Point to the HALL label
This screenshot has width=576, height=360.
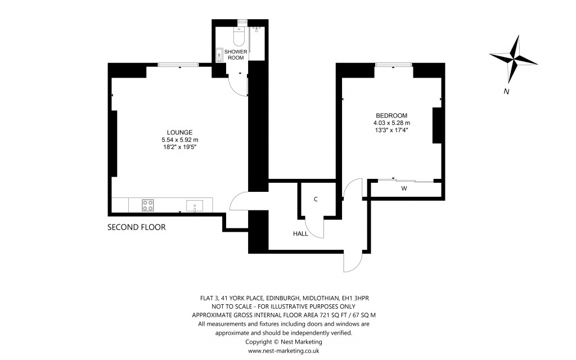[x=300, y=233]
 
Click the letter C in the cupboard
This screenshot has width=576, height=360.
[x=316, y=199]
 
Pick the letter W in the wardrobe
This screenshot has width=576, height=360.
[x=404, y=189]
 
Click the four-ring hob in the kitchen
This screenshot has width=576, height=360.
[x=148, y=205]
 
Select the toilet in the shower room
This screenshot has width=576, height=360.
[x=238, y=37]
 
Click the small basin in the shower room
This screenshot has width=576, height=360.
[x=218, y=55]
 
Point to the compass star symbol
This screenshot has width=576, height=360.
[x=515, y=57]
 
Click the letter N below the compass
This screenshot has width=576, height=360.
[x=507, y=92]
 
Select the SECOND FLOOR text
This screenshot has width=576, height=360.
[x=137, y=228]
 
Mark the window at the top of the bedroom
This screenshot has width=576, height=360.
[x=394, y=65]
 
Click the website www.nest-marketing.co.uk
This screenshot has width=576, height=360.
[x=284, y=350]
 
